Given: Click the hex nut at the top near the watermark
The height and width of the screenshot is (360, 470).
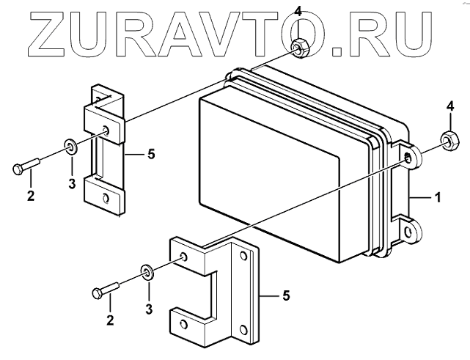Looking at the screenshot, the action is pos(298,48).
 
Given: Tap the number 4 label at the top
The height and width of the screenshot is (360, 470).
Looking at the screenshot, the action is pos(297,10).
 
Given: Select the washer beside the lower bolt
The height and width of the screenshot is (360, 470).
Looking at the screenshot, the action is pos(147,273).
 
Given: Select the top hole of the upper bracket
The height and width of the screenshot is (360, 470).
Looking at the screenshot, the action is pos(108,131).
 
